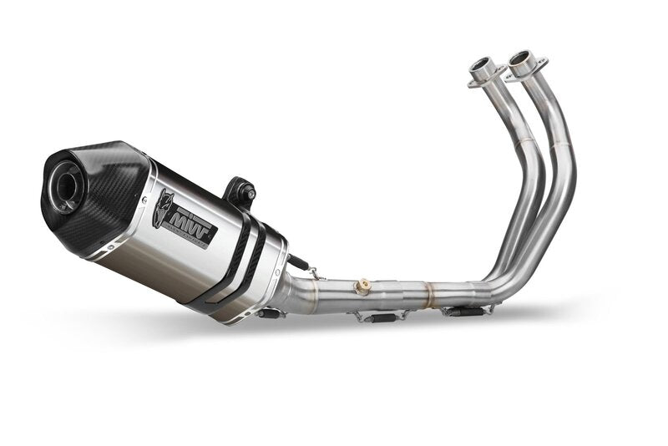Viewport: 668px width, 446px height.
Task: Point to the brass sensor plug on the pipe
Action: (x=362, y=287)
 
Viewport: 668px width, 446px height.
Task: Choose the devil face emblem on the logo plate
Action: (x=164, y=208)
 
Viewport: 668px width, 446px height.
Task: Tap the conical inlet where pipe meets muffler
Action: (x=296, y=292)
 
